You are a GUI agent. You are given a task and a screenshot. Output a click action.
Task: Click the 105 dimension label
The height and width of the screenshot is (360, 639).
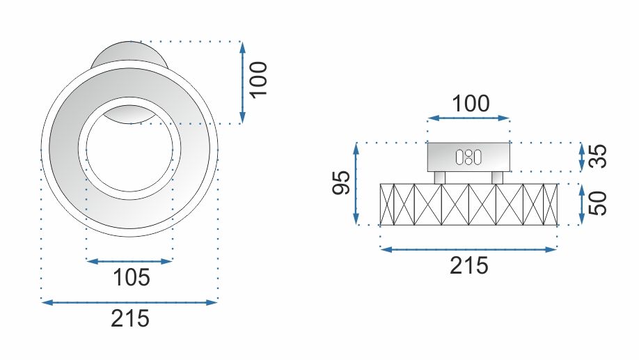point(132,278)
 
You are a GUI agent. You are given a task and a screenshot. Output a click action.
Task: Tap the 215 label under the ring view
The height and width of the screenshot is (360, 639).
point(130,319)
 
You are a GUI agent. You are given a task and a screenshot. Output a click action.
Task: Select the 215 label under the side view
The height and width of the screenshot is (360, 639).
point(469,265)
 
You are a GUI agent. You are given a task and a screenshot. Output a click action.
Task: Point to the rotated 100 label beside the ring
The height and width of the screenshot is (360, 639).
point(258,81)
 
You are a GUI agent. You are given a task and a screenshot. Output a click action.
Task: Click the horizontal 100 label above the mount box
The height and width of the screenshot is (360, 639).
point(470,104)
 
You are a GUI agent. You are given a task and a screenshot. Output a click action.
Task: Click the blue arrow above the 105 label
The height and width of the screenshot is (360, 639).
point(129,261)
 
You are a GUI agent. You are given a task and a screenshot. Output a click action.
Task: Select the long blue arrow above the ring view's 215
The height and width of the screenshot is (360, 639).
point(130,302)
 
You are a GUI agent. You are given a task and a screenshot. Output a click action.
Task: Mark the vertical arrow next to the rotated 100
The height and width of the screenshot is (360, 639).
point(242,82)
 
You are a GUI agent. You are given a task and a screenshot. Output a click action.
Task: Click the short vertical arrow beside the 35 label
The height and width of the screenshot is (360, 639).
point(583,157)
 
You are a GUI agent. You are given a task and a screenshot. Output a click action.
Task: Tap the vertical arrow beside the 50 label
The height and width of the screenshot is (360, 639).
point(583,204)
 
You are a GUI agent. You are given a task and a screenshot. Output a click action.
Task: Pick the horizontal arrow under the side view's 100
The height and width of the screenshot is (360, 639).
point(468,119)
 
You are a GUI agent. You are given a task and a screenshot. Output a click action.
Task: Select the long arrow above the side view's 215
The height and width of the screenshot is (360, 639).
point(468,249)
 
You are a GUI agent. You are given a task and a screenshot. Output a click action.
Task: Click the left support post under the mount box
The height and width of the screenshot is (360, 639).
point(439,178)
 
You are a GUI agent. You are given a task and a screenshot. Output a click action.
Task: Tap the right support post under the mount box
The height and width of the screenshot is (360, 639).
point(497,178)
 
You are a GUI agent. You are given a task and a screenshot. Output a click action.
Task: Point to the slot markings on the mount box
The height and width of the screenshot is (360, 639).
point(468,157)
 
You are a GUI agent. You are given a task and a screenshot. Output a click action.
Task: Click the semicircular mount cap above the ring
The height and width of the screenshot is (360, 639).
point(129,54)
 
